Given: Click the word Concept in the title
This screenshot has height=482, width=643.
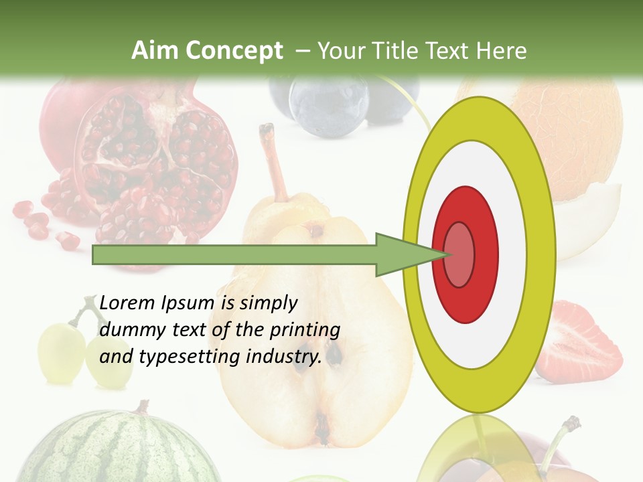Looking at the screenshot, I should [233, 51].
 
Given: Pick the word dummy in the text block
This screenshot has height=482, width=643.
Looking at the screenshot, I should [125, 330].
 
